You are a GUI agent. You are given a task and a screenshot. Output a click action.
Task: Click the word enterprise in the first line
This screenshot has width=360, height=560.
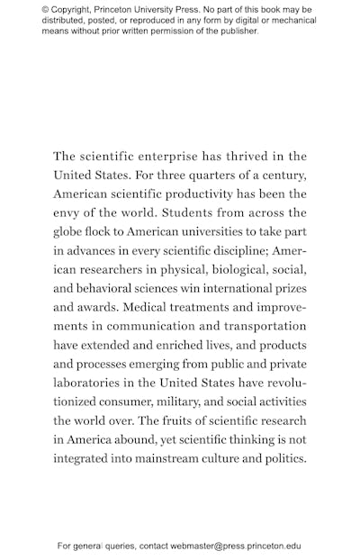(159, 157)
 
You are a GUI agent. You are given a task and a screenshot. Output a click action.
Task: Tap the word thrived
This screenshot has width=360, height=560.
(245, 157)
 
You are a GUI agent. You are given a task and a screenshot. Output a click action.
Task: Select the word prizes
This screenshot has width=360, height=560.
(287, 288)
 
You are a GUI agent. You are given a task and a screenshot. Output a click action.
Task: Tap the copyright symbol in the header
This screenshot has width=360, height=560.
(46, 10)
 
